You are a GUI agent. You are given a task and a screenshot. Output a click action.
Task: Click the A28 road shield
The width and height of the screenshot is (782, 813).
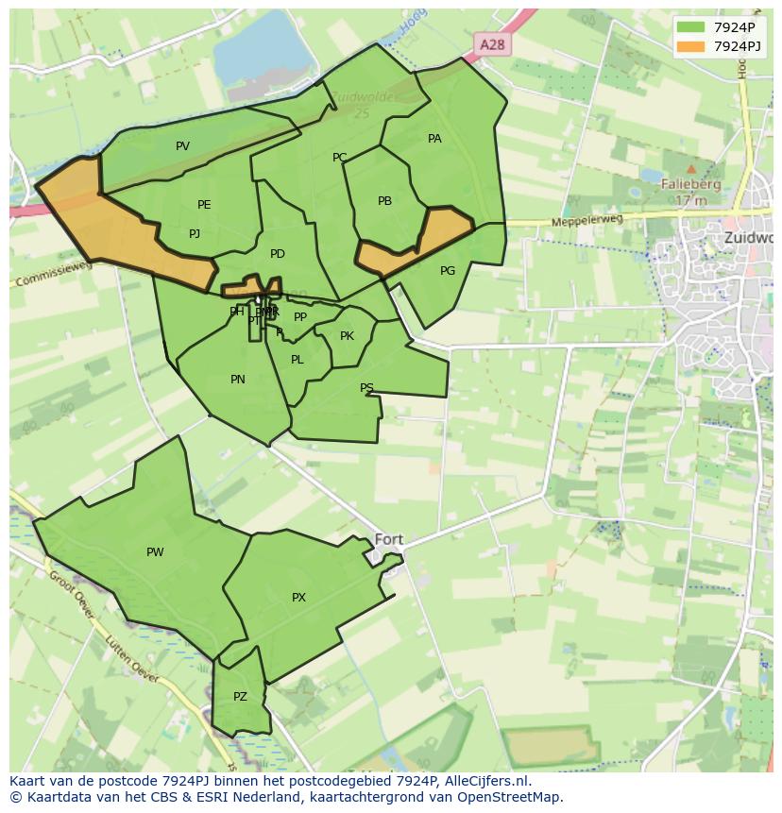(491, 44)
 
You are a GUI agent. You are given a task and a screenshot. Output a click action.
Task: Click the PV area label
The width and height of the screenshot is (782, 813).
(182, 146)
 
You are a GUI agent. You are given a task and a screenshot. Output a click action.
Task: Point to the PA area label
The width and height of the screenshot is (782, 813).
(434, 139)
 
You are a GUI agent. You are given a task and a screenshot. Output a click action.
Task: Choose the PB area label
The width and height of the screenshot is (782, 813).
(384, 201)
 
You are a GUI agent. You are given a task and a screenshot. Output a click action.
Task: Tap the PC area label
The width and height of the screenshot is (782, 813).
(340, 158)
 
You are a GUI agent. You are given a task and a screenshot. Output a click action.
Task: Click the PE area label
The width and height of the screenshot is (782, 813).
(204, 205)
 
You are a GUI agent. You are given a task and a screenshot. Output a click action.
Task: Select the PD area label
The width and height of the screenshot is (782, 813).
(277, 254)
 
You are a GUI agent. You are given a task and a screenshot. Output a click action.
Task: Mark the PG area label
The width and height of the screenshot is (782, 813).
(448, 271)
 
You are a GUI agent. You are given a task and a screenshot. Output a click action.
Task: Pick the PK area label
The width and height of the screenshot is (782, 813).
(347, 336)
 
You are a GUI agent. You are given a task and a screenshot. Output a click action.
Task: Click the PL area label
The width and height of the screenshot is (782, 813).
(297, 360)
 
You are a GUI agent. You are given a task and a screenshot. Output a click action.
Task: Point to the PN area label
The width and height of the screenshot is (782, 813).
(238, 380)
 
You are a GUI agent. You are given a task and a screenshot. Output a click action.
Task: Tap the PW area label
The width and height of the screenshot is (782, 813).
(155, 552)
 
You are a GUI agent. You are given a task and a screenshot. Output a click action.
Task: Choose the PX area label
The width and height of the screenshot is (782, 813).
(298, 598)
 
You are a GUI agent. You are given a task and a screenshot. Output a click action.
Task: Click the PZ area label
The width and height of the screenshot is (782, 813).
(240, 697)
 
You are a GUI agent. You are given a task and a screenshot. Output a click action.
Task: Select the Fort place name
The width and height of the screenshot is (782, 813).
(388, 540)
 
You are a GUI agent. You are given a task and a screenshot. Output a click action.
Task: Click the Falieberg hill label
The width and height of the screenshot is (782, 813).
(691, 184)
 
